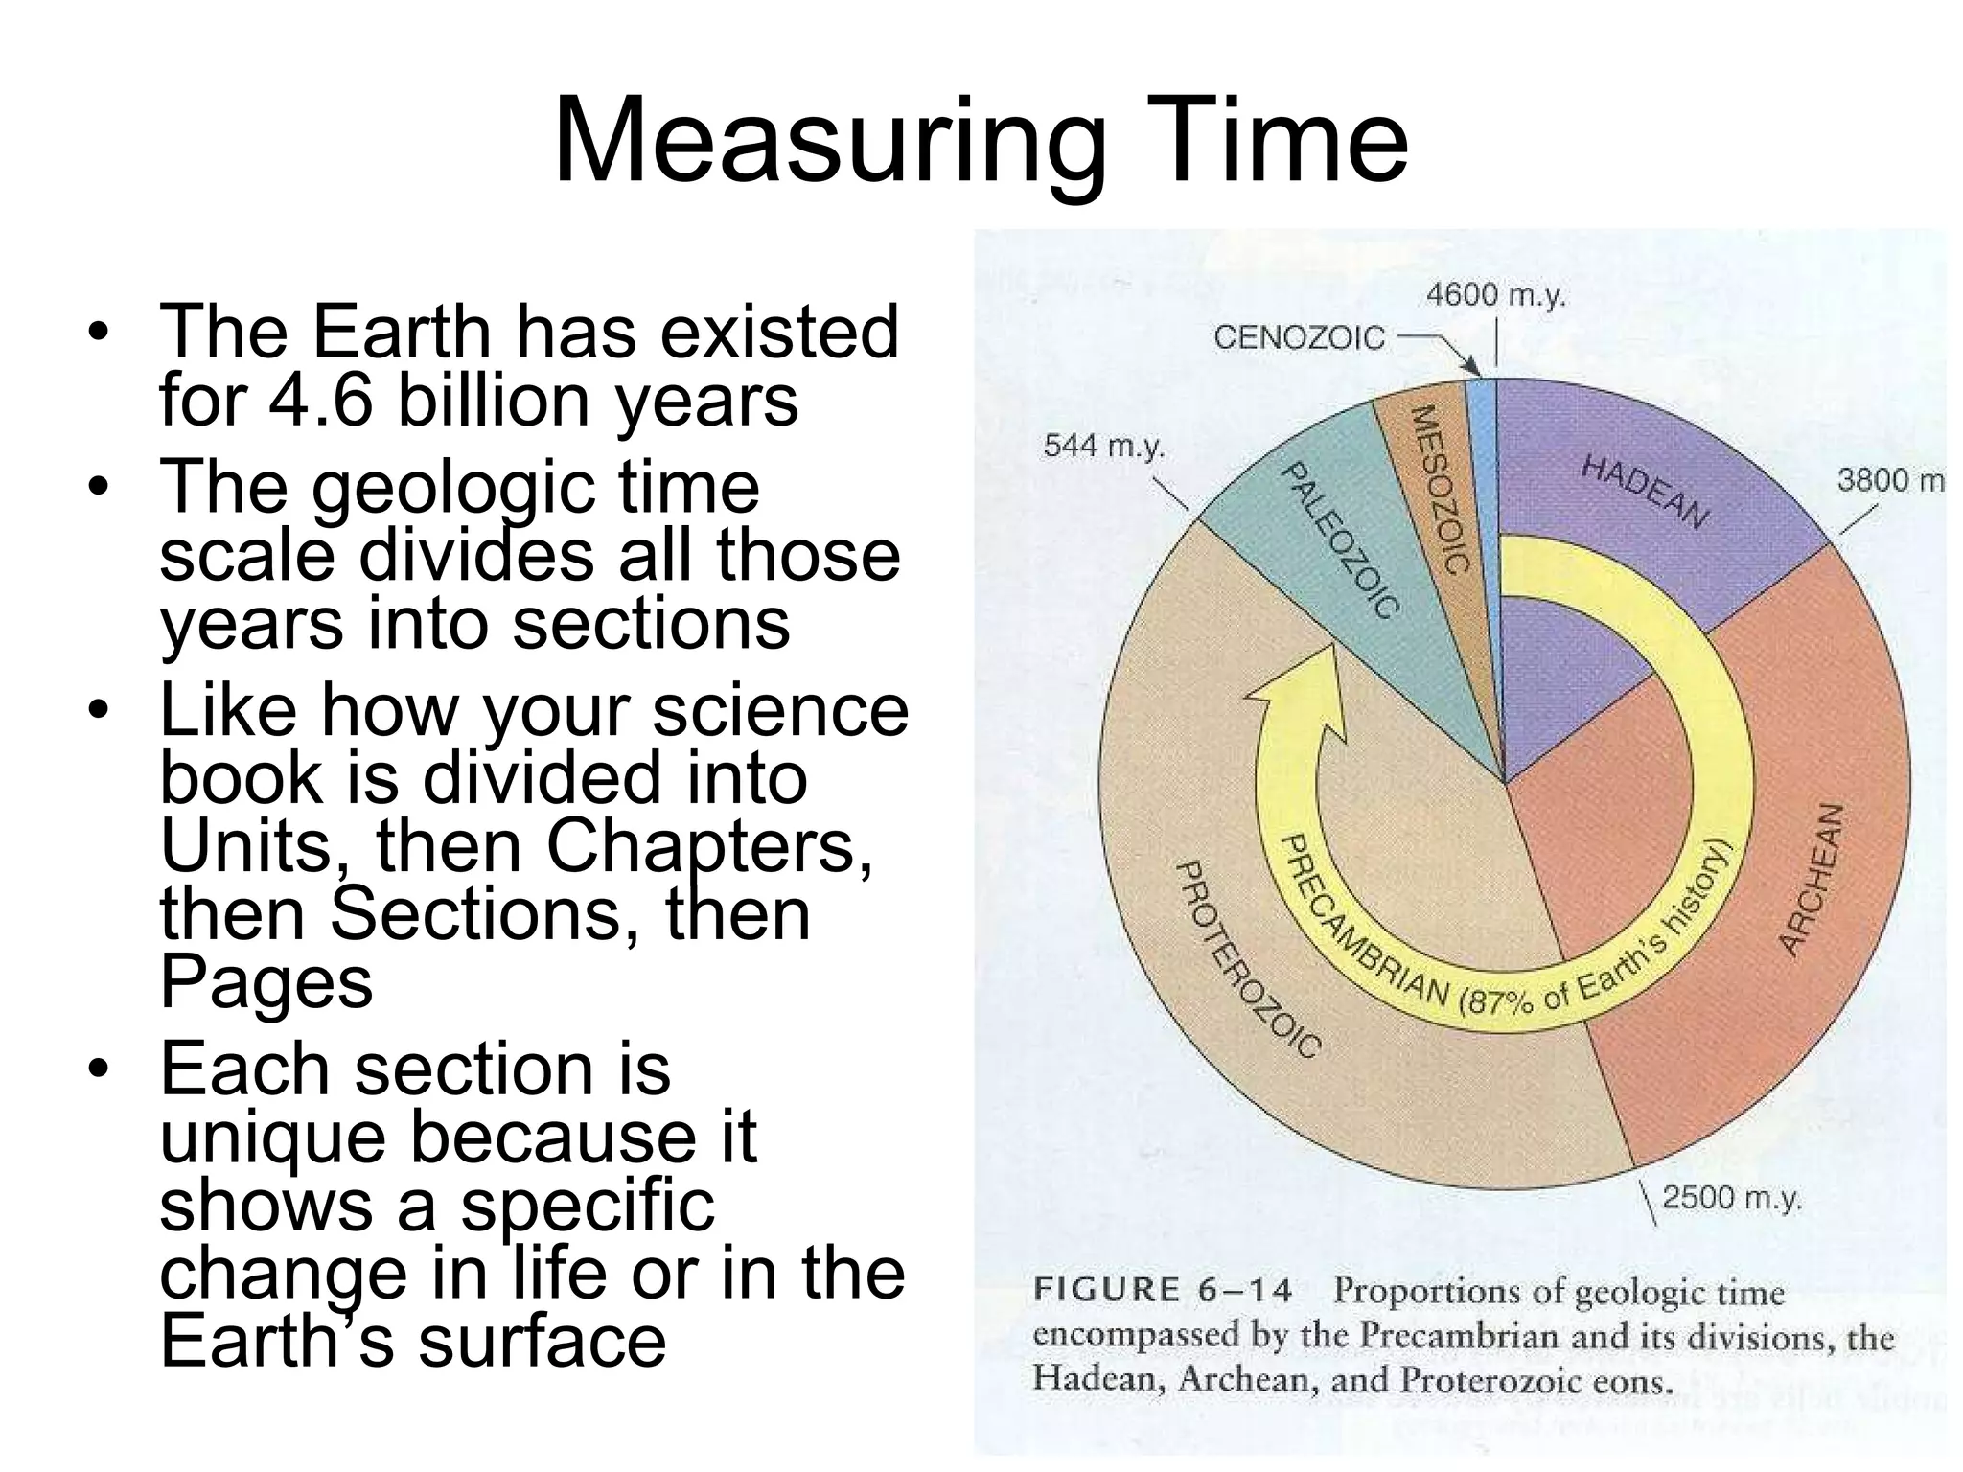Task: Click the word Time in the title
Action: (1275, 142)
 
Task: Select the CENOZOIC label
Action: (1299, 338)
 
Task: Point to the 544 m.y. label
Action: (1103, 447)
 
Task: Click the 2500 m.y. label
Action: (1732, 1198)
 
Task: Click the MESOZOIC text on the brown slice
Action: (1441, 489)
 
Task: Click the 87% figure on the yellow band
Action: (1499, 1003)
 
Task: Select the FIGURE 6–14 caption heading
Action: (1163, 1291)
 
